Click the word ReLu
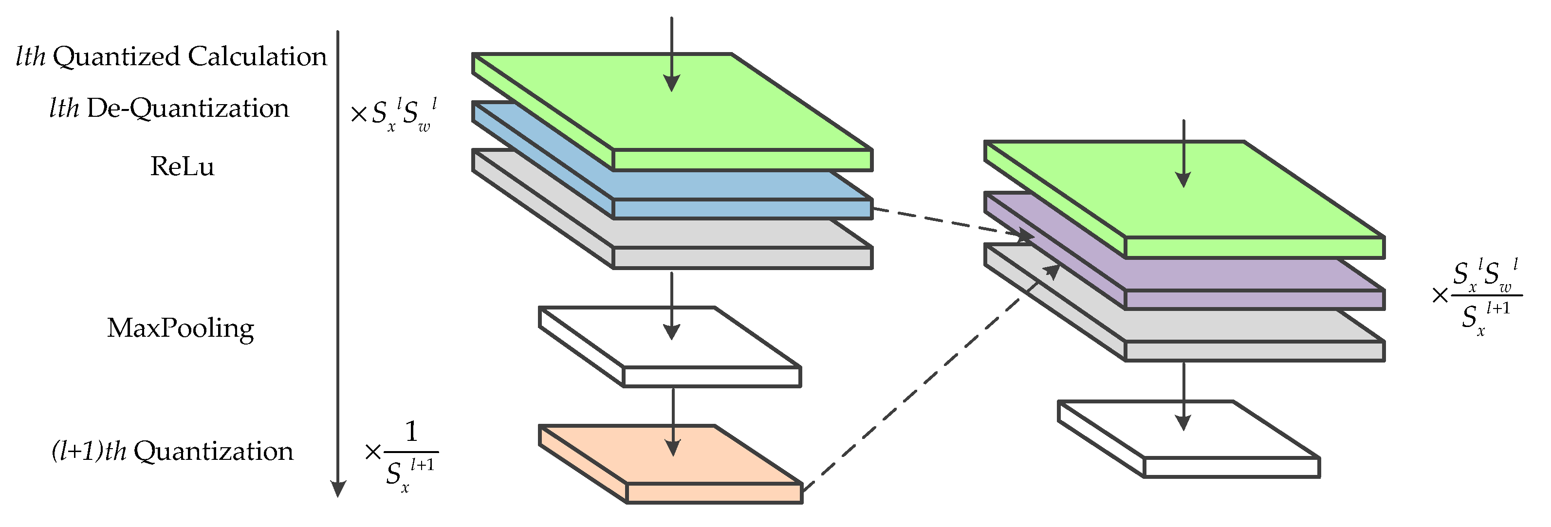coord(182,166)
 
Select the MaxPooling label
coord(180,328)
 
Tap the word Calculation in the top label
coord(257,56)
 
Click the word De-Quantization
coord(188,109)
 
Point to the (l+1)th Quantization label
coord(172,451)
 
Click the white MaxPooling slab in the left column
coord(710,376)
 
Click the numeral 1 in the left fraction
coord(411,431)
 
